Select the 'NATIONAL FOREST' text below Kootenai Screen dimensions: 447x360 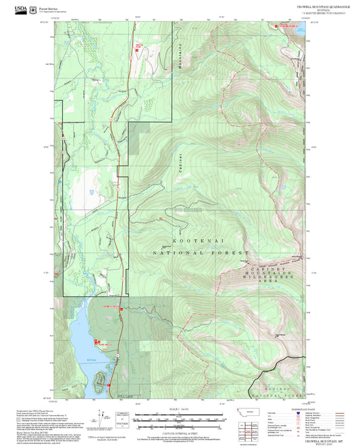[201, 253]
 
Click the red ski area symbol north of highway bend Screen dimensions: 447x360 [140, 47]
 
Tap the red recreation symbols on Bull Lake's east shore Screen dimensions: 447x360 [97, 342]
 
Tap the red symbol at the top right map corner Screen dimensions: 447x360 [276, 26]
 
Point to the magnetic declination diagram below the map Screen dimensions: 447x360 [102, 419]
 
